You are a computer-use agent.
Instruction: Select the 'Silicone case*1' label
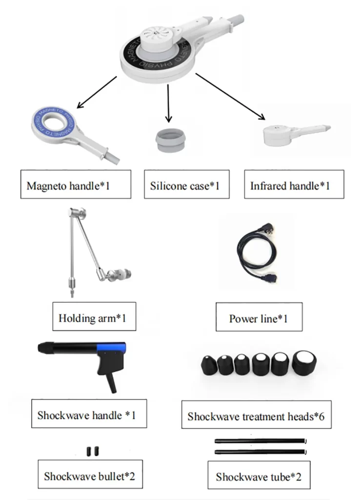tap(186, 185)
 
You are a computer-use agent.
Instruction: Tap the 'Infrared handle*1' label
tap(294, 185)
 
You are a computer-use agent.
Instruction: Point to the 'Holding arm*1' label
tap(93, 318)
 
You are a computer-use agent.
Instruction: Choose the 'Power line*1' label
tap(259, 318)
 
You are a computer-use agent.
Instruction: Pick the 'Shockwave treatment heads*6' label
tap(256, 417)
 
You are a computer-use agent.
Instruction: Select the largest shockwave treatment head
tap(304, 362)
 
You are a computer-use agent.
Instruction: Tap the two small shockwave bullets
tap(93, 450)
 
